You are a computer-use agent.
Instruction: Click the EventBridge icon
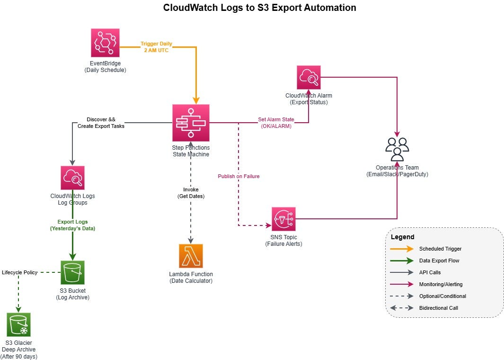coord(105,43)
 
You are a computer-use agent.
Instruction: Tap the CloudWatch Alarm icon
coord(309,78)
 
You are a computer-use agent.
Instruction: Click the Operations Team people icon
coord(397,149)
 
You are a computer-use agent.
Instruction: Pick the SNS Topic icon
coord(283,219)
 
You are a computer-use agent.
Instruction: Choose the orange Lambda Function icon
coord(191,256)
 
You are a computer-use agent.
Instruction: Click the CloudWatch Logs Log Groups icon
coord(72,178)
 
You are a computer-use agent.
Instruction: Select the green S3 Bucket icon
coord(72,272)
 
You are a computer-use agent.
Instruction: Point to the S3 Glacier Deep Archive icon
coord(19,324)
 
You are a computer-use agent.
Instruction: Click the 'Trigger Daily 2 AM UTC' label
coord(156,47)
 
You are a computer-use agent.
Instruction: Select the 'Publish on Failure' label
coord(239,176)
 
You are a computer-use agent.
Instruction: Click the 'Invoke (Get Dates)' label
coord(191,193)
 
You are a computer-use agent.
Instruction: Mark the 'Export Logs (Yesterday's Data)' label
coord(72,225)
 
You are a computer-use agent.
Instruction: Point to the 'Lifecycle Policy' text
coord(19,272)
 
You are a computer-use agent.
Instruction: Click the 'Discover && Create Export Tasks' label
coord(101,123)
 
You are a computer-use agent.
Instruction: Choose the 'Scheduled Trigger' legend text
coord(440,249)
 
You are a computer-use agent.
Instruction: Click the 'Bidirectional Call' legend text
coord(438,308)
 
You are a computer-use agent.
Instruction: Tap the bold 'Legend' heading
coord(402,237)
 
